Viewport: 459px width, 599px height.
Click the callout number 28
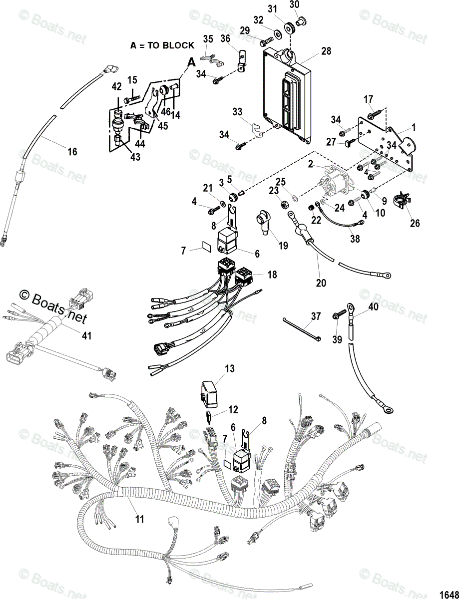click(326, 51)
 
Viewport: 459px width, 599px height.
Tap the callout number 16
click(72, 151)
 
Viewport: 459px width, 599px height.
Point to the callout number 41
click(87, 336)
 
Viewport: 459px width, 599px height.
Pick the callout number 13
click(229, 369)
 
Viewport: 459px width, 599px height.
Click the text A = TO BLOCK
click(162, 45)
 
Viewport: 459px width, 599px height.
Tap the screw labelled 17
click(375, 113)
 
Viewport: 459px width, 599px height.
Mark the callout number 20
click(321, 283)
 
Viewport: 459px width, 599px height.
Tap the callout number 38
click(355, 239)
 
